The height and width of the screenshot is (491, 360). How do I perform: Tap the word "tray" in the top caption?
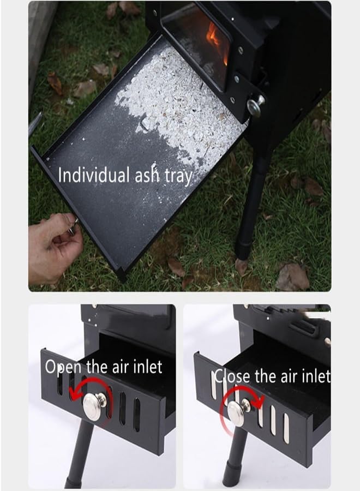179,176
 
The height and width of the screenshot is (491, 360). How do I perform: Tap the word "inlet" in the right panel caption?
315,376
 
